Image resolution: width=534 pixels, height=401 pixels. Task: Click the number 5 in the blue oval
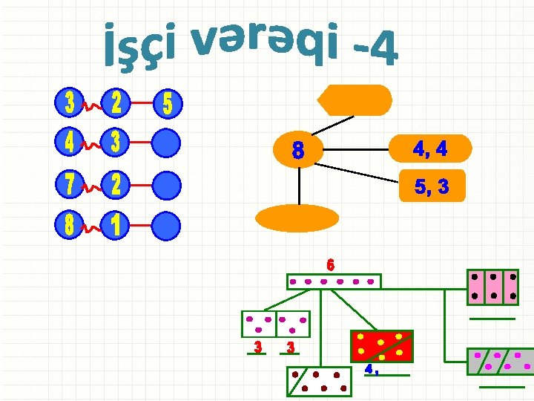168,104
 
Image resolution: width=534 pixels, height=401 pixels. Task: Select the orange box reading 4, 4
430,149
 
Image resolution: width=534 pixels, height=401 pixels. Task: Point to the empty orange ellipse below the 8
297,218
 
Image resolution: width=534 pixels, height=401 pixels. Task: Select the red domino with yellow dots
381,345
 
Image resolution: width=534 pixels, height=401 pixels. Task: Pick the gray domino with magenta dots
501,361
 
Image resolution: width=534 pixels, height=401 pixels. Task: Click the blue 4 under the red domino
369,368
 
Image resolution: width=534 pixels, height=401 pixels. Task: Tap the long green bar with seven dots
334,281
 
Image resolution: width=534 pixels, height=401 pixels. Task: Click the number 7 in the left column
69,186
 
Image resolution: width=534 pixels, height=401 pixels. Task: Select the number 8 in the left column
69,226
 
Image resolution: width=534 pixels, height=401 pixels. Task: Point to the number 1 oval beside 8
114,226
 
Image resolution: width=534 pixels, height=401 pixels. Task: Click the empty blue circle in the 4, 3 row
168,143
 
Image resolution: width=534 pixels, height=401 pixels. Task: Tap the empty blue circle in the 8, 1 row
168,226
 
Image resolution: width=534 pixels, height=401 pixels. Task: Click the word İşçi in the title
141,45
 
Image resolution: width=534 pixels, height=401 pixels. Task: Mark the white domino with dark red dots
319,381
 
